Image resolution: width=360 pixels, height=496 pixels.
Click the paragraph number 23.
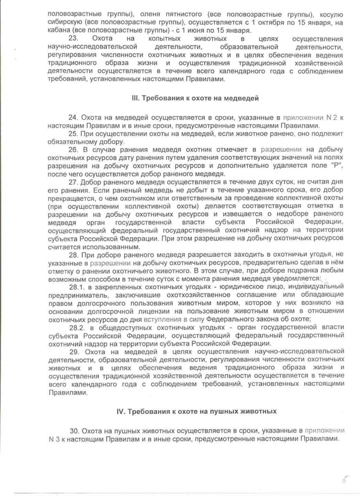pyautogui.click(x=74, y=39)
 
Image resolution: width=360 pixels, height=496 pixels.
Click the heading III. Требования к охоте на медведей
pyautogui.click(x=195, y=98)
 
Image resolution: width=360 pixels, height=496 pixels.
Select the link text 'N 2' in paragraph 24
pyautogui.click(x=331, y=118)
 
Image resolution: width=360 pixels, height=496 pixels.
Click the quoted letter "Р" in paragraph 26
pyautogui.click(x=334, y=166)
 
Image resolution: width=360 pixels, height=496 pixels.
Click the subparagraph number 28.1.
pyautogui.click(x=76, y=287)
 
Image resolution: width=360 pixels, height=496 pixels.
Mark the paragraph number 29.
pyautogui.click(x=75, y=352)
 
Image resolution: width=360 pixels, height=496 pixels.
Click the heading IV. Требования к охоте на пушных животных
pyautogui.click(x=197, y=412)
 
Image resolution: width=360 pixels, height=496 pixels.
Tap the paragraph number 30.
pyautogui.click(x=75, y=431)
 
